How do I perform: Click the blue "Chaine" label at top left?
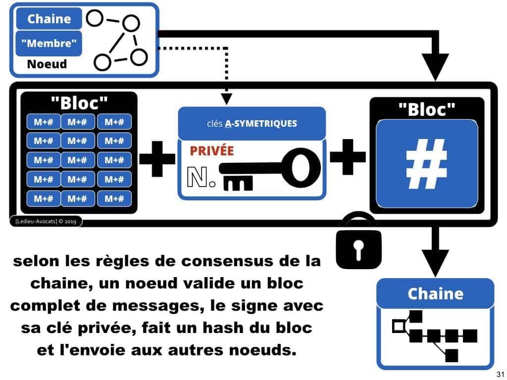(49, 19)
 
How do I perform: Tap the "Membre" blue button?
(49, 44)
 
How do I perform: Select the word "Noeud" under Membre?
(47, 64)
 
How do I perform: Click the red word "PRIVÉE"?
(211, 151)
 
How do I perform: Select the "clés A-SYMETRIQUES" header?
(252, 123)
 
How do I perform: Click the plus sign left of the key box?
(157, 159)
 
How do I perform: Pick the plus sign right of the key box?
(348, 159)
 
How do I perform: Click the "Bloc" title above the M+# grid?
(79, 104)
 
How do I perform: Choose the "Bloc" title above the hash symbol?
(427, 109)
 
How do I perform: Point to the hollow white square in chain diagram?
(398, 326)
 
